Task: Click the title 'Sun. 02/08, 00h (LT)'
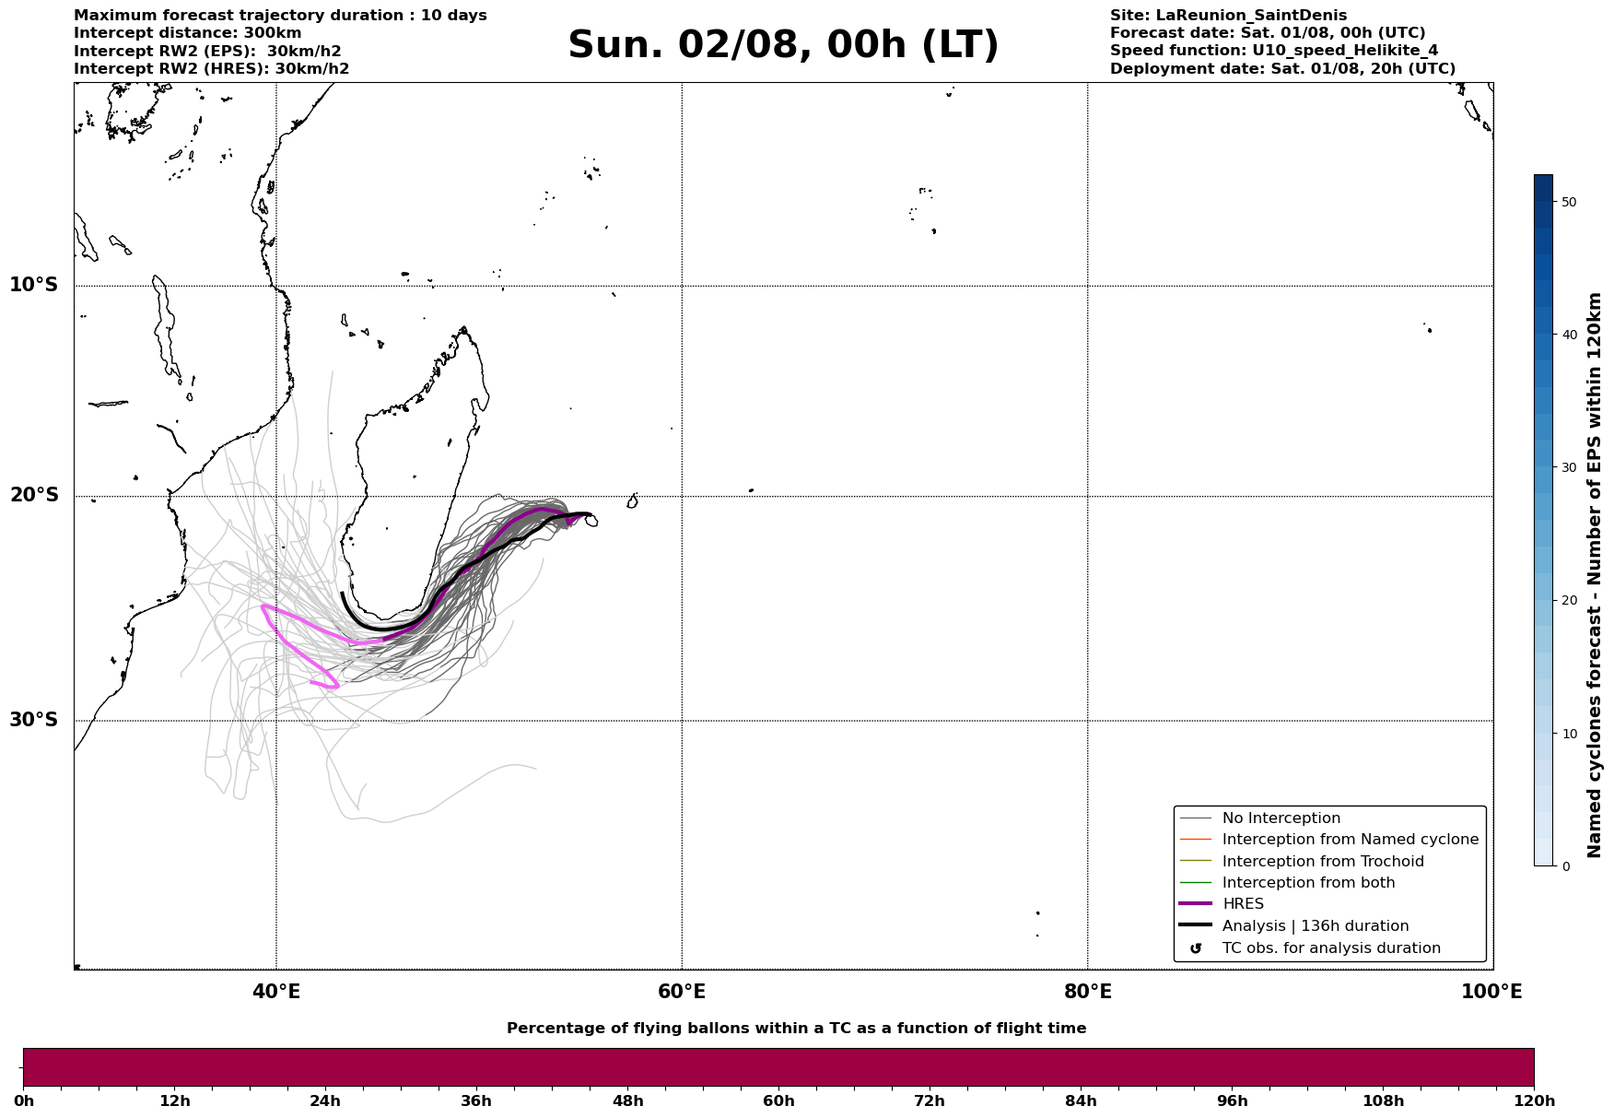pos(783,45)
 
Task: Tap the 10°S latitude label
pos(34,285)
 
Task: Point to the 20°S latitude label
pos(34,496)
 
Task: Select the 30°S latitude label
pos(34,720)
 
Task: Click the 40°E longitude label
pos(276,992)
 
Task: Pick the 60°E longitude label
pos(682,992)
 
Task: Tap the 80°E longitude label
pos(1087,992)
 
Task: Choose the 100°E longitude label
pos(1491,992)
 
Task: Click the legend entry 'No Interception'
pos(1281,818)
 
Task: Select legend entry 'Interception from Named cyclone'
pos(1351,840)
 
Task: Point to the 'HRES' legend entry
pos(1243,904)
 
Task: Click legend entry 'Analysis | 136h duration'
pos(1316,926)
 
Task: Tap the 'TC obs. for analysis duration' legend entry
pos(1331,948)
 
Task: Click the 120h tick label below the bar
pos(1534,1101)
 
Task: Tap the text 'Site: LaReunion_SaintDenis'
pos(1228,16)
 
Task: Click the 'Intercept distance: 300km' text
pos(188,33)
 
